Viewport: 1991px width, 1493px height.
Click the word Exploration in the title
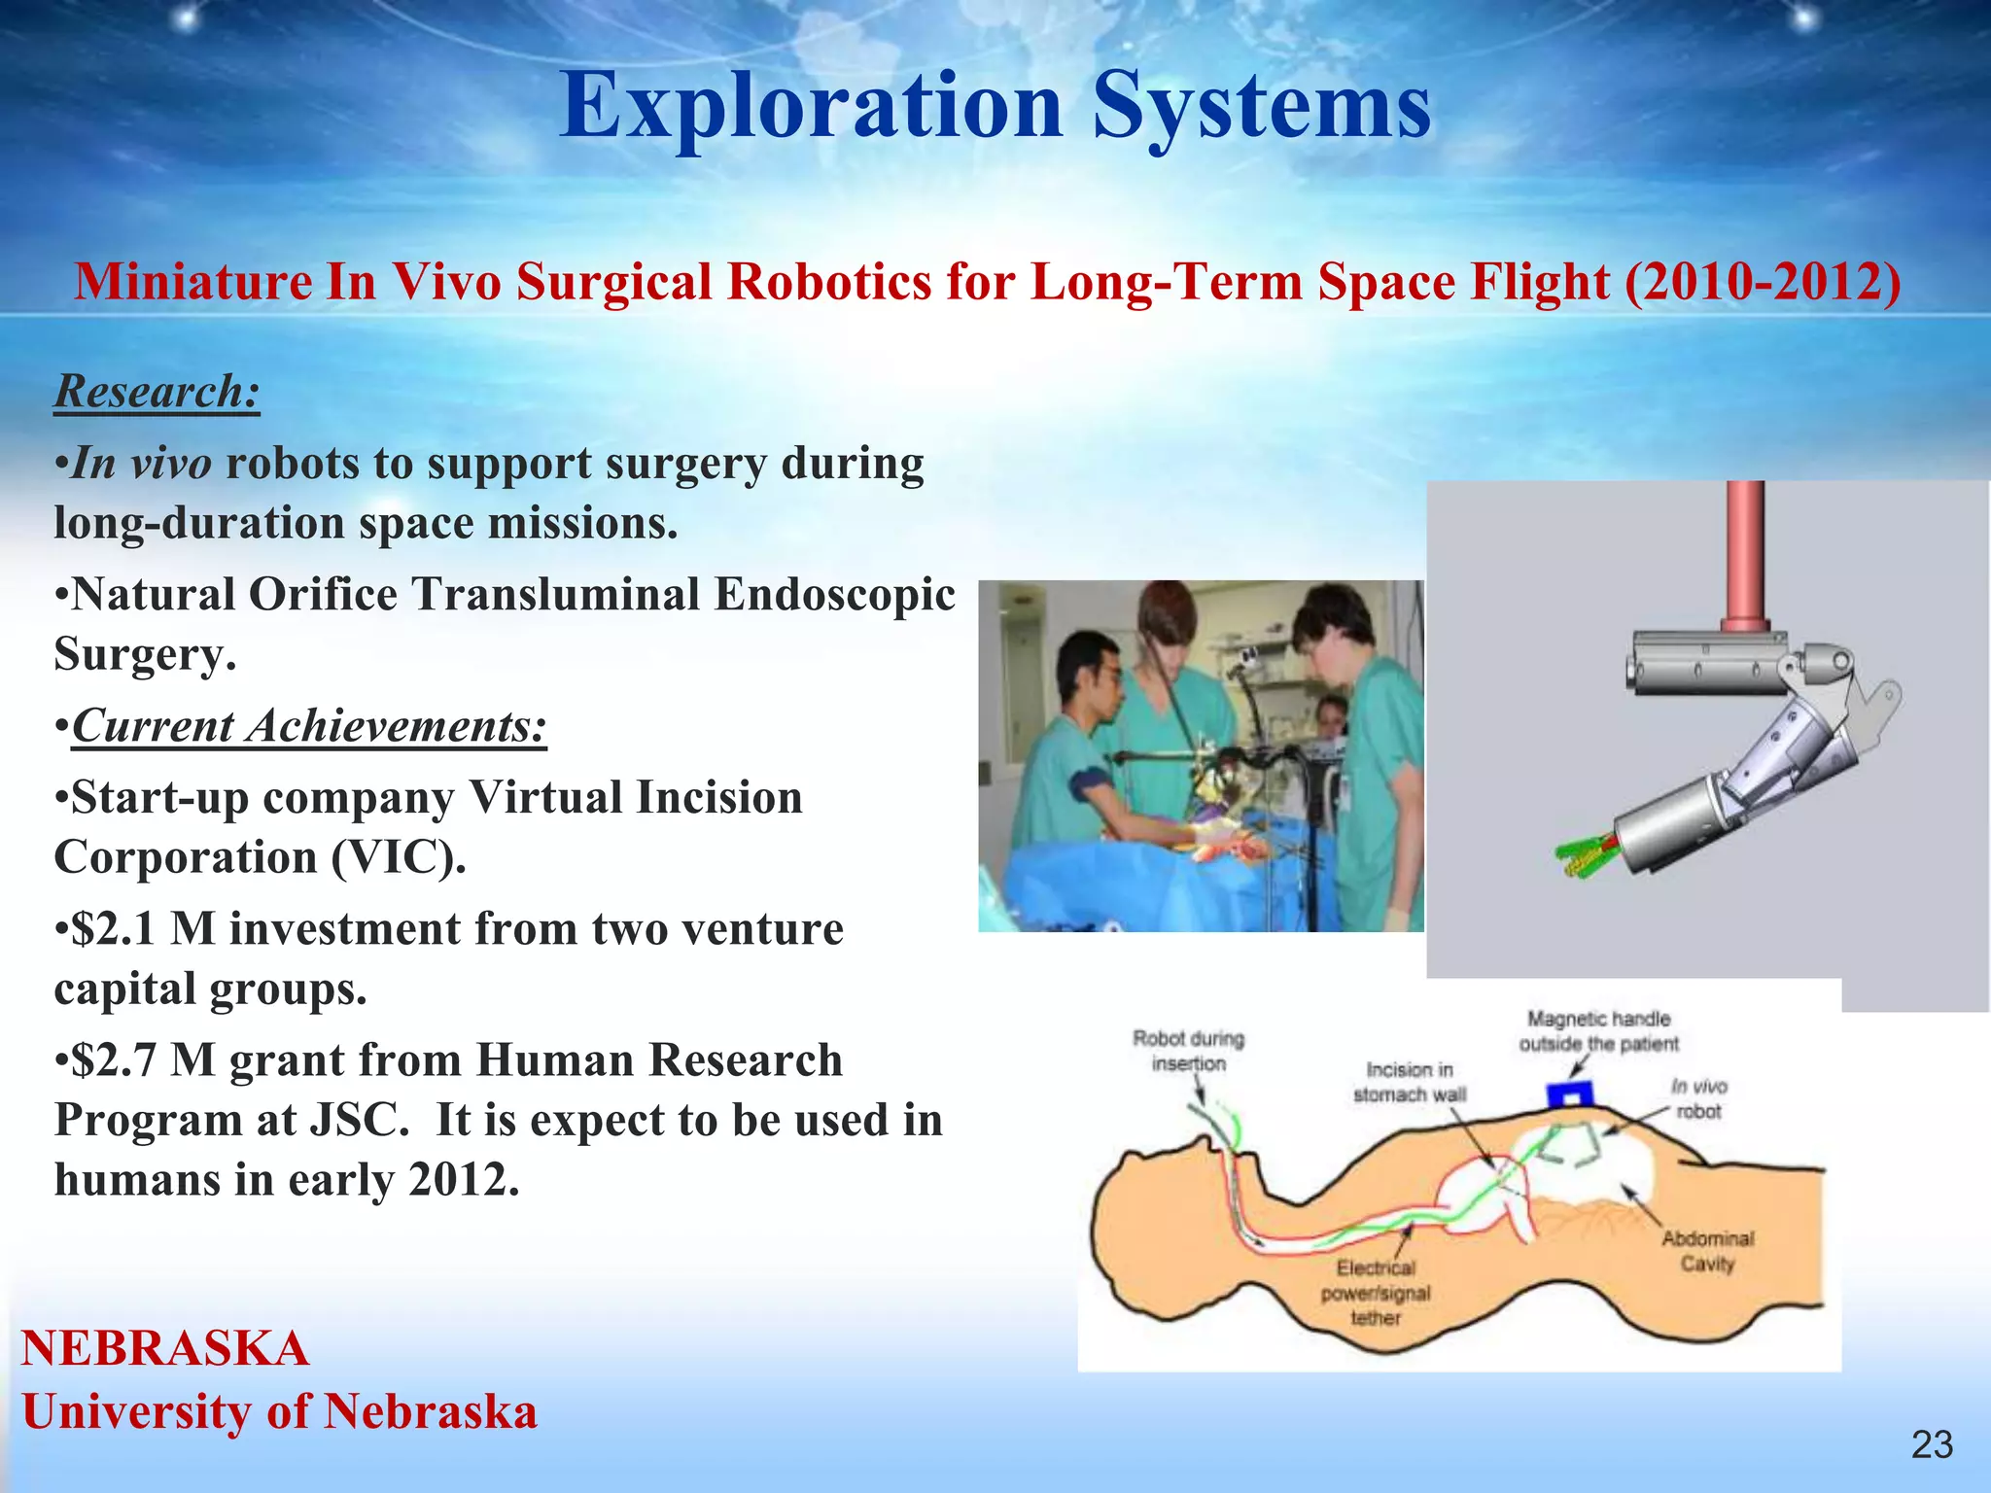point(811,107)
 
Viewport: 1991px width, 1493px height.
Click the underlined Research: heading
point(157,392)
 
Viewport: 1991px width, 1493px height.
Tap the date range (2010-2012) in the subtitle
point(1763,283)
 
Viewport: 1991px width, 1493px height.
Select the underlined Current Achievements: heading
point(309,726)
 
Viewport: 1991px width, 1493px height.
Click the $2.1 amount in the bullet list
point(114,929)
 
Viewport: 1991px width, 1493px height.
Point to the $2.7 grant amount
point(114,1060)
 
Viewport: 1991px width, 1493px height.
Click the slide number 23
point(1931,1445)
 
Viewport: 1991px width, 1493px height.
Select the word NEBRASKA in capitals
point(165,1349)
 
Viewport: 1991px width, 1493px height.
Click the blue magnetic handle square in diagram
point(1569,1095)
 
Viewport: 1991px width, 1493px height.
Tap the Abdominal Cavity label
point(1707,1251)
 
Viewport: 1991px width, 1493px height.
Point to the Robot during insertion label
point(1188,1051)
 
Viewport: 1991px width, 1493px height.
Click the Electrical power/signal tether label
point(1375,1293)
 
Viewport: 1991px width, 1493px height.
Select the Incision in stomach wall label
point(1409,1082)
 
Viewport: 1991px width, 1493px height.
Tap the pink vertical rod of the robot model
point(1745,554)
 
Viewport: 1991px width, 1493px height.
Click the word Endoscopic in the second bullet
point(834,595)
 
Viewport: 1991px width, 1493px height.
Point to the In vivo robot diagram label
point(1698,1098)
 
